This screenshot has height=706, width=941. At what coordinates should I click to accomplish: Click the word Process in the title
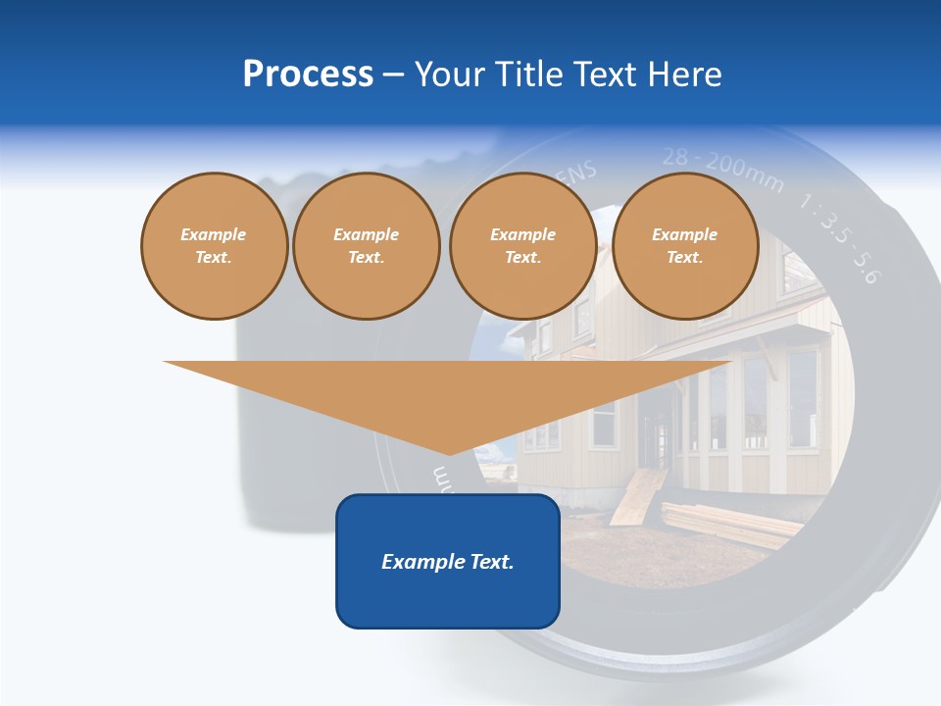[x=308, y=75]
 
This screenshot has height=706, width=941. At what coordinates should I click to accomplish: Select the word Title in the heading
[x=532, y=75]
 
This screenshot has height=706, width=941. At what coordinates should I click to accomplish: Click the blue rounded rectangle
[x=447, y=598]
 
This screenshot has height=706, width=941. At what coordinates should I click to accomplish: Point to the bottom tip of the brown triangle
[x=447, y=452]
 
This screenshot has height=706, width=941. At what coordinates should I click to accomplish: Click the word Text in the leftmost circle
[x=214, y=258]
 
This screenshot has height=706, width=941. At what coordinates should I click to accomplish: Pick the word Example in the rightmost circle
[x=684, y=234]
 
